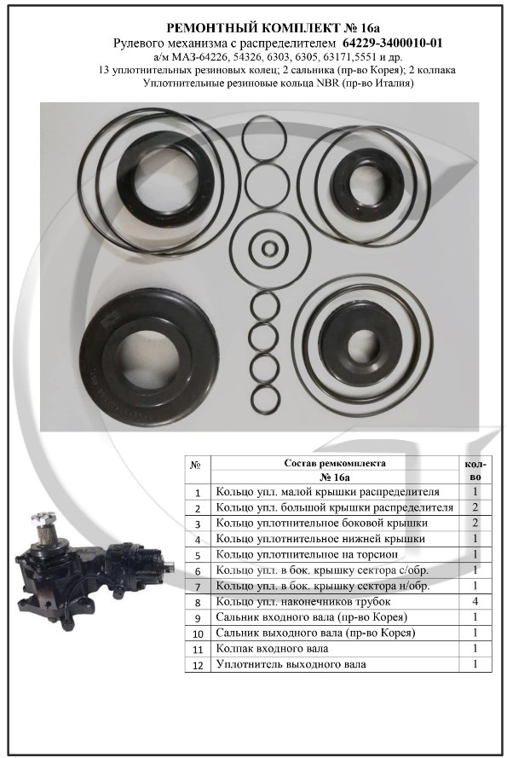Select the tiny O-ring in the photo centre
coord(268,250)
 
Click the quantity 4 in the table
coord(475,601)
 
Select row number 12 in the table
coord(198,665)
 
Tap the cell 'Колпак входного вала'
coord(272,649)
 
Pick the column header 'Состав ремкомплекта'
coord(335,463)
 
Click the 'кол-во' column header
coord(475,471)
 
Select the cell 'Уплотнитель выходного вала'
coord(291,664)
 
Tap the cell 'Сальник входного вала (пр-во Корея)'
coord(312,617)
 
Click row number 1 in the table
coord(198,493)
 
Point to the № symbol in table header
coord(196,465)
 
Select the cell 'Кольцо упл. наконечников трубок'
coord(303,601)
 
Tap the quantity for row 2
coord(475,507)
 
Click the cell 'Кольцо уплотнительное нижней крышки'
coord(320,539)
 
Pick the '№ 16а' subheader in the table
coord(335,477)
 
